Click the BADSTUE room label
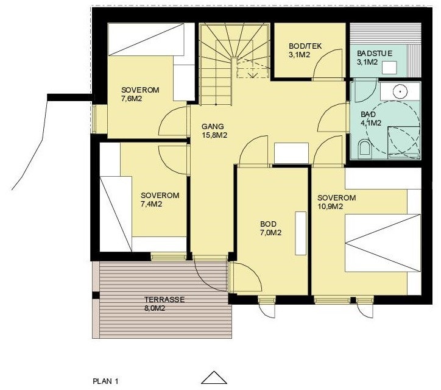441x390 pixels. pos(373,53)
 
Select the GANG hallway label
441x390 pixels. pos(213,127)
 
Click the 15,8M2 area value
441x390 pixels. pos(214,135)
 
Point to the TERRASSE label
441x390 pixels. pos(164,300)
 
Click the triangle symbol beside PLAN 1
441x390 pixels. pos(214,377)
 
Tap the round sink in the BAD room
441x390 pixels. pos(400,92)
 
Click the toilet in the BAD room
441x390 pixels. pos(364,147)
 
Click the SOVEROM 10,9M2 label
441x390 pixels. pos(336,202)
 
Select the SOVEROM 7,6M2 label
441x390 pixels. pos(140,94)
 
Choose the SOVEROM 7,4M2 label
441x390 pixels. pos(160,200)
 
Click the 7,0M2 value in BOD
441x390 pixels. pos(270,233)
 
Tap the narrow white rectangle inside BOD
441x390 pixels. pos(300,233)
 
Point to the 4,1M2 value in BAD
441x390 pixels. pos(371,122)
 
